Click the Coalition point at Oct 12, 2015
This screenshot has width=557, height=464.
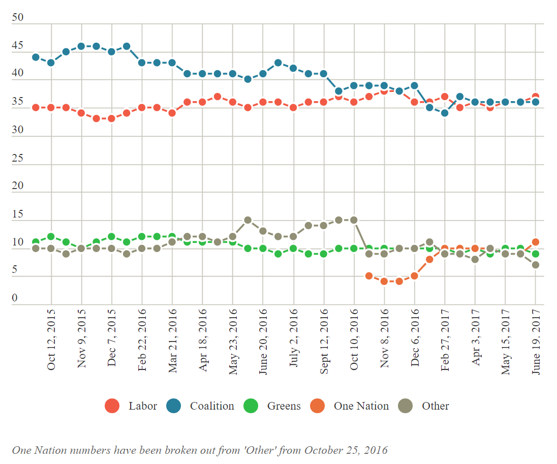51,63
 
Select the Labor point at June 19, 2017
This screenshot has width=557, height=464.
535,97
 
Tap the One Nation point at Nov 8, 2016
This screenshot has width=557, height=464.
384,281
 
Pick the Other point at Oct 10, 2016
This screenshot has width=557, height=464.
354,220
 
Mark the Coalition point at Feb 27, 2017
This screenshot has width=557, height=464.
445,113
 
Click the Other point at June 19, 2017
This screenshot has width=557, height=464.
535,265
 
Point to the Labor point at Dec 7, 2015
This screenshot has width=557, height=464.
111,118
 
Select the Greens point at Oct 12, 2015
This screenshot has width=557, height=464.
51,237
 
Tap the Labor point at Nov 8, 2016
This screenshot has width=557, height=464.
384,91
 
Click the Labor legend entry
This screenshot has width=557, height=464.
131,406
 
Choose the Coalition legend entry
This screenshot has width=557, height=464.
200,406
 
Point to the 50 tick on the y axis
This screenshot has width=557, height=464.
18,18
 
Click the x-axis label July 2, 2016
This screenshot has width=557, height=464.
294,346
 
